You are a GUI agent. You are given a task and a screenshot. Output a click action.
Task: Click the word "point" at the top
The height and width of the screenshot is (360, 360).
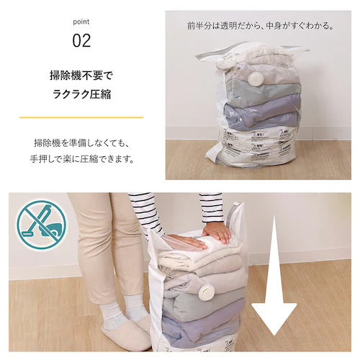(x=81, y=21)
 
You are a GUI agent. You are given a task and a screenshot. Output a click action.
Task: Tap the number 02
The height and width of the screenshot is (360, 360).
(x=81, y=40)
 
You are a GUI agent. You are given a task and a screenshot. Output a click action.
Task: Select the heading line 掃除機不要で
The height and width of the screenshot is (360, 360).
(x=81, y=74)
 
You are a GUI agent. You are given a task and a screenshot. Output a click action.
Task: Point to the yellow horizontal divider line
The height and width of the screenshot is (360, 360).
(x=81, y=117)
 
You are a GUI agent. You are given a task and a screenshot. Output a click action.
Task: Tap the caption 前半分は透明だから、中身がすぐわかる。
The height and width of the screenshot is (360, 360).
(x=261, y=26)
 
